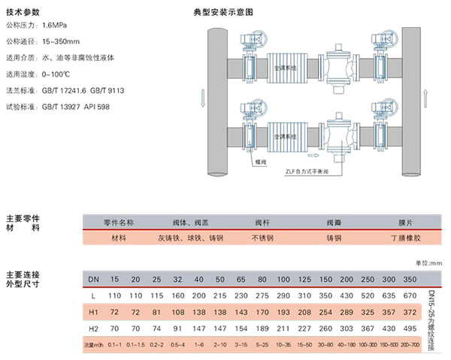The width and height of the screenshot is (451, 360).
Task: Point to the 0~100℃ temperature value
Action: click(x=59, y=74)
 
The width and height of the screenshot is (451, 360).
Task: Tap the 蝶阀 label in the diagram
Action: click(x=260, y=160)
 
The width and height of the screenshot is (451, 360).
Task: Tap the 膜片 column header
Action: click(x=398, y=222)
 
